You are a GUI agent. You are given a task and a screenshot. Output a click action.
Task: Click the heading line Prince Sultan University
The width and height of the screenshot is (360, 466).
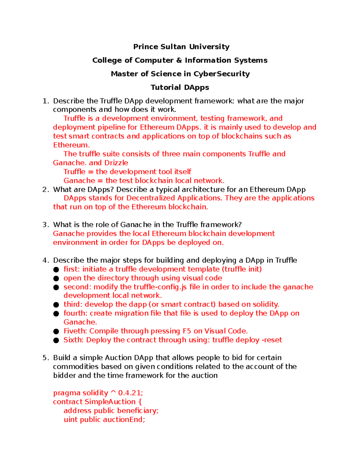click(x=181, y=47)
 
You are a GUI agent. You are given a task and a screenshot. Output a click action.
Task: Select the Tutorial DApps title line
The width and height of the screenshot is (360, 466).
click(x=180, y=87)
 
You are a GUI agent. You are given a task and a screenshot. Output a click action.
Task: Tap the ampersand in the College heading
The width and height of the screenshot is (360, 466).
click(x=179, y=60)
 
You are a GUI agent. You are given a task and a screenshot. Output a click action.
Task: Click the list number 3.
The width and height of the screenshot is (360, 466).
click(x=45, y=225)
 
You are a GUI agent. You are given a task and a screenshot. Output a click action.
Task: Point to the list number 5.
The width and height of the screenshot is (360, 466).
click(x=45, y=358)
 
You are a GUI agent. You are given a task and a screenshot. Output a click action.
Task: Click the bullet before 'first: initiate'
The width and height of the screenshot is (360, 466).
click(x=56, y=269)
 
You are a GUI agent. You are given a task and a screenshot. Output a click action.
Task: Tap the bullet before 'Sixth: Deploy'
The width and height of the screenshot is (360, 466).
click(x=56, y=340)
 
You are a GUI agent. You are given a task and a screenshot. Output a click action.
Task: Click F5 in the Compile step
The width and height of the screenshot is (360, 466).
click(x=187, y=331)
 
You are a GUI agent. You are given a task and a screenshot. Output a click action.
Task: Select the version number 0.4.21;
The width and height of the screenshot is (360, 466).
click(x=130, y=393)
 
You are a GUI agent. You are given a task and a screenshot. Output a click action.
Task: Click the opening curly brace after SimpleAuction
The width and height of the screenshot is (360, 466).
click(x=140, y=402)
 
